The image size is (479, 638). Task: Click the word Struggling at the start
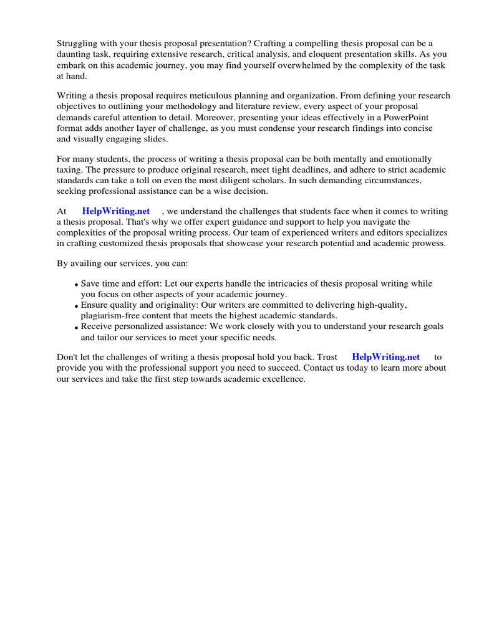(x=79, y=43)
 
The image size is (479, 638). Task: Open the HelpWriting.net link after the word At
(x=116, y=212)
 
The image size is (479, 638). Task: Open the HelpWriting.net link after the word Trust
(x=386, y=357)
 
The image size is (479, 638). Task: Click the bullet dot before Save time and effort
(x=76, y=285)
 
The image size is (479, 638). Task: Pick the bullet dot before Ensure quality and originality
(x=76, y=307)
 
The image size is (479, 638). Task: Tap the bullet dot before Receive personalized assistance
(x=76, y=328)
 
